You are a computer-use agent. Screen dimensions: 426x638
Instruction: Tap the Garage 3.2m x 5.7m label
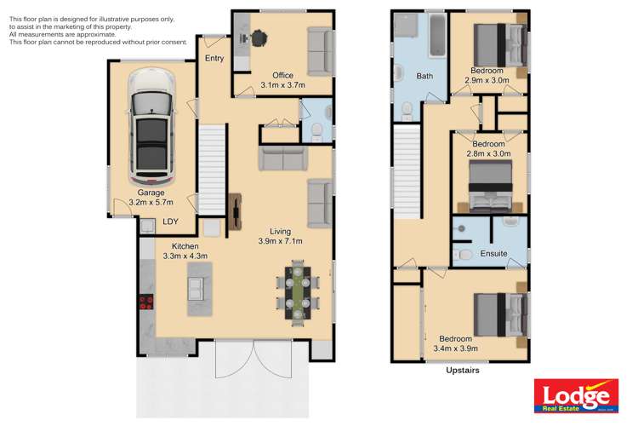coord(151,198)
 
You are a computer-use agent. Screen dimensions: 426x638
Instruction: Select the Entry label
coord(214,58)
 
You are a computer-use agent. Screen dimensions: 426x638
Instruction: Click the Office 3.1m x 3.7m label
coord(282,80)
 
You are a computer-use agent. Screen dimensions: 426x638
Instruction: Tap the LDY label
coord(170,222)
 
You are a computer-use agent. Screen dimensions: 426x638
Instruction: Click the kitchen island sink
coord(197,287)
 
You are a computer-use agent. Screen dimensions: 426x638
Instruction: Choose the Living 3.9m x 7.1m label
coord(282,236)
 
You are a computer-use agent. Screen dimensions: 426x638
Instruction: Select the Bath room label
coord(424,77)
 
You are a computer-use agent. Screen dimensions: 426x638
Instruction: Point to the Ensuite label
coord(493,254)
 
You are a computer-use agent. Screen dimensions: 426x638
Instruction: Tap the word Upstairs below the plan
coord(463,371)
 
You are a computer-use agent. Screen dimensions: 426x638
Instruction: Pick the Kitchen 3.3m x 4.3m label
coord(185,250)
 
